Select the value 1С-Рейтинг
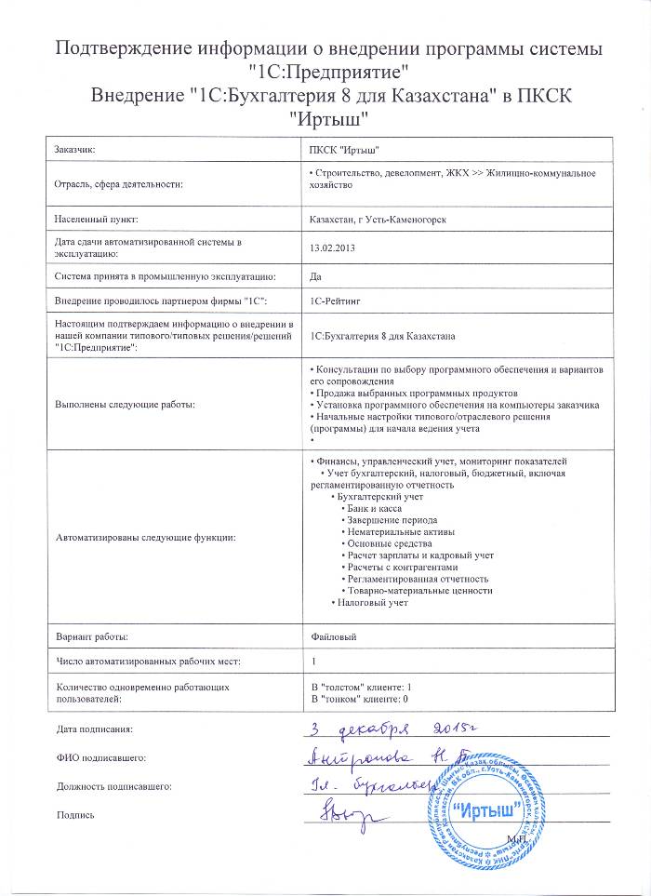tap(336, 301)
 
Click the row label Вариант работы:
tap(92, 635)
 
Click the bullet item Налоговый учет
tap(373, 602)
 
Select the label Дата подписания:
tap(95, 729)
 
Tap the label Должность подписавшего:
tap(113, 786)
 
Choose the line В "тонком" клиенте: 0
tap(360, 697)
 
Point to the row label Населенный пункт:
tap(96, 219)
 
